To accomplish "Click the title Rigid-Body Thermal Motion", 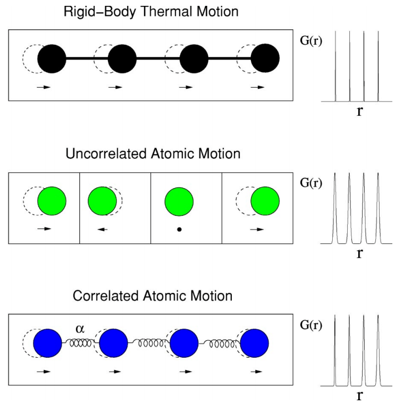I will click(153, 11).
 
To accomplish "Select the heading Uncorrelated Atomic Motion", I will click(153, 154).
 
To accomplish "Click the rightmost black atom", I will click(265, 58).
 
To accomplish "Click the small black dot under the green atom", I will click(179, 230).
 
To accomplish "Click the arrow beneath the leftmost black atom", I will click(44, 87).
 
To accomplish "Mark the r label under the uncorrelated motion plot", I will click(359, 253).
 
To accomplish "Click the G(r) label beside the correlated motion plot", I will click(310, 324).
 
